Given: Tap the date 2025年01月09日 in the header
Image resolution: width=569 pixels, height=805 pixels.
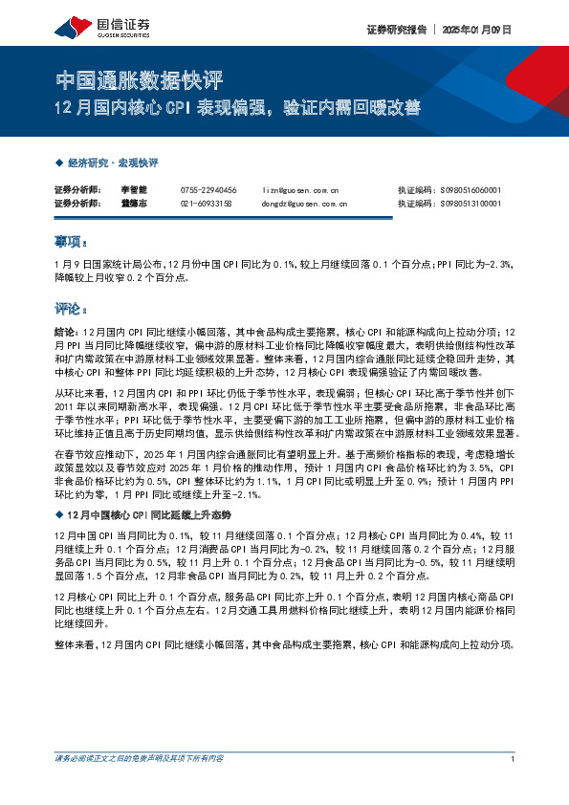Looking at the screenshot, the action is click(x=476, y=30).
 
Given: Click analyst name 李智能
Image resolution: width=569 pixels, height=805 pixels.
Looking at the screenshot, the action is click(x=133, y=190).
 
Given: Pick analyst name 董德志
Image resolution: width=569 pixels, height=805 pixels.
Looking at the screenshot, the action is click(x=133, y=204).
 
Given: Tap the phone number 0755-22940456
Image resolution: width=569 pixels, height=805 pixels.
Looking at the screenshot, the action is click(x=208, y=190).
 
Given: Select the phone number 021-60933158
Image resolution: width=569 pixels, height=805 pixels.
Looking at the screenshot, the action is click(x=206, y=204).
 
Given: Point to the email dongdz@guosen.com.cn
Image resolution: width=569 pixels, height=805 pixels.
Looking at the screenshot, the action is click(x=305, y=204).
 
